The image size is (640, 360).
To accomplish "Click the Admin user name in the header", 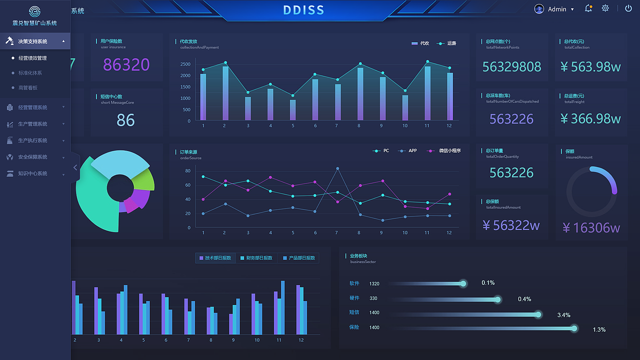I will coord(557,9).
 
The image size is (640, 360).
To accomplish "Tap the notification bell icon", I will coord(588,8).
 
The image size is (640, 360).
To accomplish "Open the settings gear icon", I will coord(605,8).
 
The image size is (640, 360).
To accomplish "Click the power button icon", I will coord(628,8).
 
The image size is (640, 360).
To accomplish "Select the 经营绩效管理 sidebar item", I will coord(32,58).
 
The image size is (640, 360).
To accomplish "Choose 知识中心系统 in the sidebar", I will coord(32,173).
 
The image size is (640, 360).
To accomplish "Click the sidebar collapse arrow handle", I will coord(75,167).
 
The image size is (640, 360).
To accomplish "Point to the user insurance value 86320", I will coord(126,64).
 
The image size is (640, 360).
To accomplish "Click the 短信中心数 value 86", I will coord(125,120).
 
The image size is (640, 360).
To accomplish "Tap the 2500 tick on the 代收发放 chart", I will coord(185,64).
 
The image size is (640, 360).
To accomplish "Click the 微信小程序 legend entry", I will coord(449,150).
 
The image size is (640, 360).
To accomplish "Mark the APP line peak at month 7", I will coord(337,168).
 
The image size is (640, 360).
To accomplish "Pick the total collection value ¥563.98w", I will coord(590,66).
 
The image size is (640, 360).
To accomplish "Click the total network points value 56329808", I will coord(511,66).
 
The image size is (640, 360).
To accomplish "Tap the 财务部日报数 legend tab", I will coord(256,258).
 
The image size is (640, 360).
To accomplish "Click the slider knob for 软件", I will coord(463,283).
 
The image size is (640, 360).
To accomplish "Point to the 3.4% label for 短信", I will coord(563,315).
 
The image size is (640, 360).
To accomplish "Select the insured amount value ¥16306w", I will coord(591,227).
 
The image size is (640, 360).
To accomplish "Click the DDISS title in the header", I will coord(303,10).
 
